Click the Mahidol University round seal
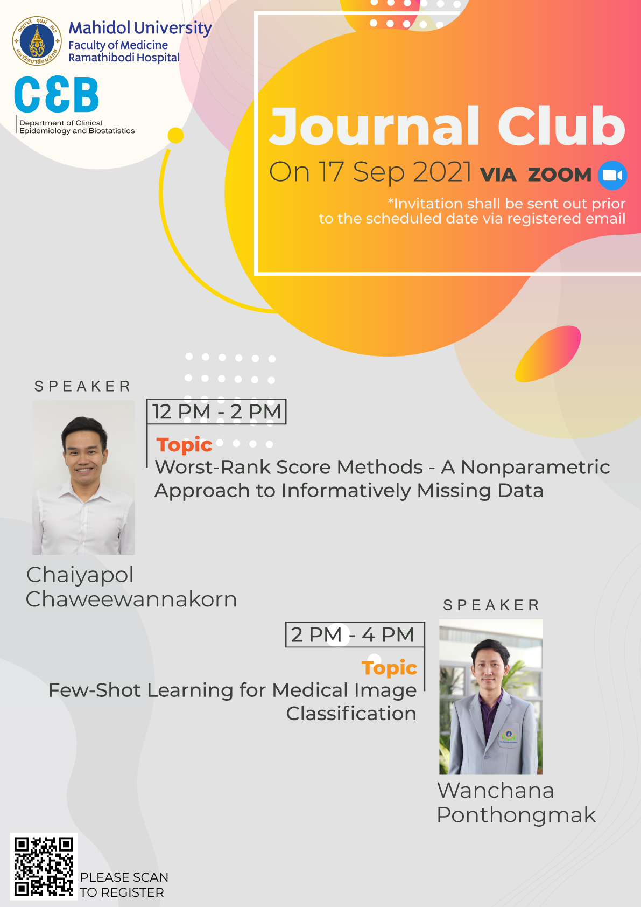[x=37, y=41]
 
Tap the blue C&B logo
[x=57, y=94]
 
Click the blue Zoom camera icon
[x=612, y=176]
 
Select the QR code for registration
[x=44, y=866]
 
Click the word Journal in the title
[x=375, y=126]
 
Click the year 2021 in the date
[x=442, y=172]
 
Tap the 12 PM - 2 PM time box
[x=216, y=412]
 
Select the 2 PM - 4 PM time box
[x=355, y=634]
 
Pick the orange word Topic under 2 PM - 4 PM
[x=389, y=668]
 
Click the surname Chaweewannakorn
[x=131, y=599]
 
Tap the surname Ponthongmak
[x=516, y=815]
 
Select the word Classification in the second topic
[x=351, y=714]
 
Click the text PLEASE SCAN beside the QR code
[x=124, y=877]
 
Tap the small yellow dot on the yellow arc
[x=175, y=136]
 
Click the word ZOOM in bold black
[x=560, y=175]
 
